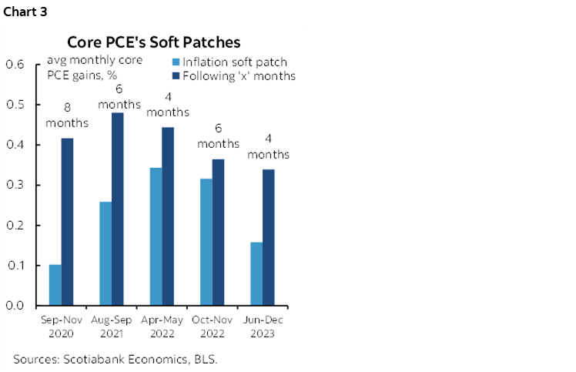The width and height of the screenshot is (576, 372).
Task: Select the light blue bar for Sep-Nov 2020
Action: [55, 285]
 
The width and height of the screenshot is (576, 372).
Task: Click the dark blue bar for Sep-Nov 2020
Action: [67, 222]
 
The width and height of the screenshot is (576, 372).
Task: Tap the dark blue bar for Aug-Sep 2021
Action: [116, 209]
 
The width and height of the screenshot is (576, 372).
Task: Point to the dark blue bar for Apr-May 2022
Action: [166, 216]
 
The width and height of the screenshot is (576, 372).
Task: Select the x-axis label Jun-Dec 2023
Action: [260, 327]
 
